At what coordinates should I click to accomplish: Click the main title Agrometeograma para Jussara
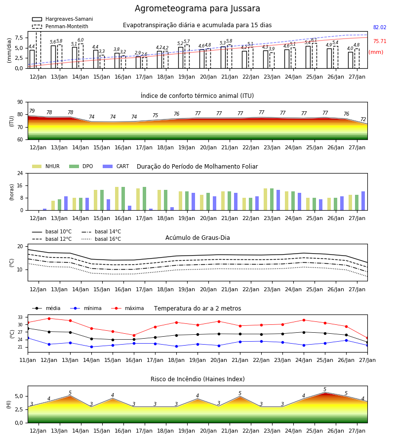click(x=197, y=8)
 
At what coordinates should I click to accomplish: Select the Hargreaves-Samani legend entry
click(x=62, y=19)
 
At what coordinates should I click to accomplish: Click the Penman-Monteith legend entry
click(x=60, y=26)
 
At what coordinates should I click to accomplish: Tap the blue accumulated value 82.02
click(x=380, y=28)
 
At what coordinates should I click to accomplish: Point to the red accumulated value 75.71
click(x=380, y=41)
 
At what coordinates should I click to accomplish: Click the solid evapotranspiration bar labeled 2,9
click(x=138, y=62)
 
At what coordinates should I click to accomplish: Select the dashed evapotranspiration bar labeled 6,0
click(x=81, y=56)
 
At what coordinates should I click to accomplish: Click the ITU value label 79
click(x=32, y=111)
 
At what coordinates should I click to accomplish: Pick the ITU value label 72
click(x=363, y=119)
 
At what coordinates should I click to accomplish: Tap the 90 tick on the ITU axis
click(x=20, y=102)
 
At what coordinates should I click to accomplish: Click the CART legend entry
click(x=116, y=166)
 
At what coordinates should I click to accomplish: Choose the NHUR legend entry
click(x=45, y=166)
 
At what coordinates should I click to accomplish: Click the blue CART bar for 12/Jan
click(x=45, y=210)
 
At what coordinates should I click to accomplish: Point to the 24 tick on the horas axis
click(x=20, y=173)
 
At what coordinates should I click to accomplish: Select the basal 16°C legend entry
click(x=101, y=239)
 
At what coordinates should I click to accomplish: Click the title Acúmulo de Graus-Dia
click(x=197, y=238)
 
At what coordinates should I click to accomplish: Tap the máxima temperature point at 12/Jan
click(x=49, y=318)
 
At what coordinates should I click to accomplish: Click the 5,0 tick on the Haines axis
click(x=19, y=396)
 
